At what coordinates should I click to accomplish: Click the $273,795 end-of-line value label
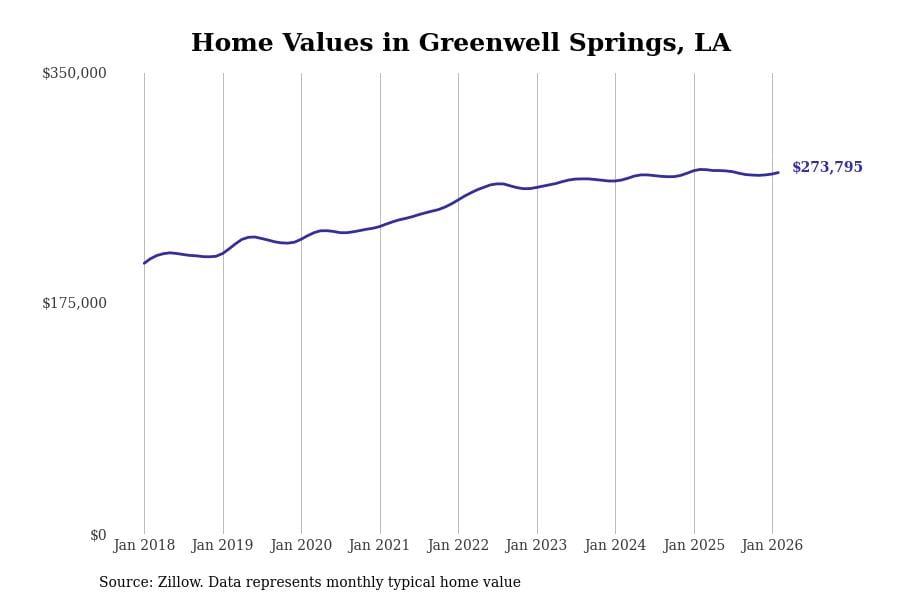point(827,168)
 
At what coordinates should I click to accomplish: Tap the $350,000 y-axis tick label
point(74,73)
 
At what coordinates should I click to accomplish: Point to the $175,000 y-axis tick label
point(74,303)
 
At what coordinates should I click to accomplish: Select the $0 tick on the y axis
point(98,535)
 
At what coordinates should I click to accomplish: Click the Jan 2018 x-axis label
point(144,546)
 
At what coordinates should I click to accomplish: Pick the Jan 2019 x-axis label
point(222,546)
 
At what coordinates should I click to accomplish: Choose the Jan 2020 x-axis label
point(301,546)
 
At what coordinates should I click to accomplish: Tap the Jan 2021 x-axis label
point(379,546)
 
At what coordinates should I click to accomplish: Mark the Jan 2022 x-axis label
point(458,546)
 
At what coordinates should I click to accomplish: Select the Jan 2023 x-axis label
point(536,546)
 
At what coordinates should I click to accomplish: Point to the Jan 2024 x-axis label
point(615,546)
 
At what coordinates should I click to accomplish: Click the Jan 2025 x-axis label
point(693,546)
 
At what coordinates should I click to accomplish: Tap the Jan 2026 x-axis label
point(772,546)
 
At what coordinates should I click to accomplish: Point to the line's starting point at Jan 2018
point(144,263)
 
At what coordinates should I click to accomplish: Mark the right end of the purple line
point(778,172)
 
